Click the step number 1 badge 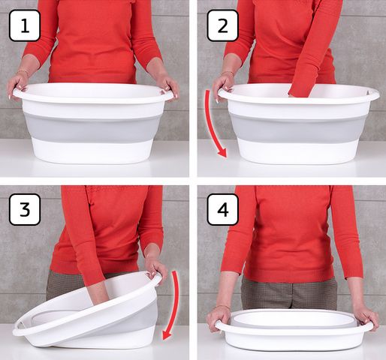(x=25, y=25)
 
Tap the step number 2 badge (x=222, y=25)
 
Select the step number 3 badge (x=25, y=209)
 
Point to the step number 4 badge (x=222, y=209)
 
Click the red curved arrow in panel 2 (x=210, y=125)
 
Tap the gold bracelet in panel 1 (x=23, y=72)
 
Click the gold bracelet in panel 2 (x=228, y=73)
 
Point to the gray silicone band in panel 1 (x=92, y=128)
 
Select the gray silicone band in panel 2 (x=297, y=128)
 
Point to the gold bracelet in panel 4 (x=223, y=307)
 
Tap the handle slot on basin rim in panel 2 (x=369, y=92)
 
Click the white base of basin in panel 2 (x=298, y=151)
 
